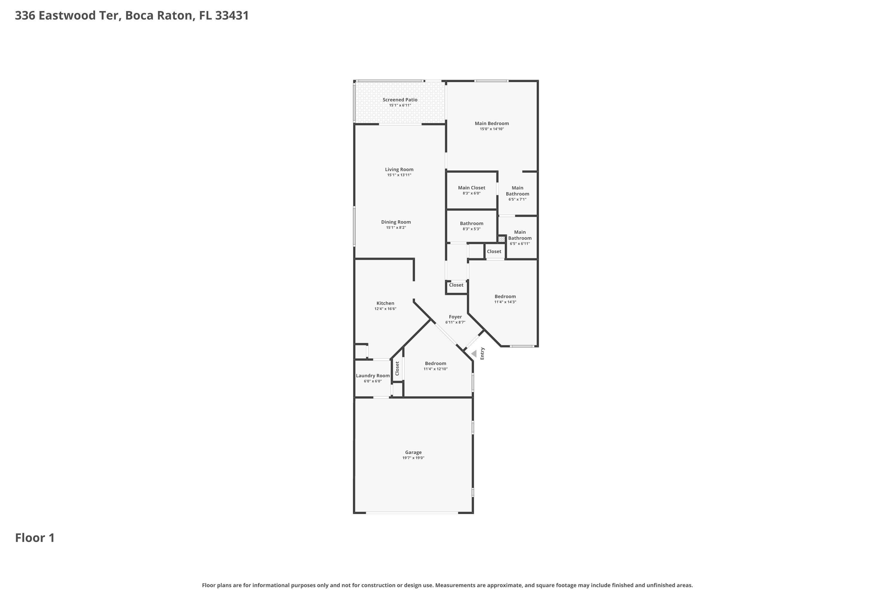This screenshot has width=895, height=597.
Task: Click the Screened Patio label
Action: pos(400,100)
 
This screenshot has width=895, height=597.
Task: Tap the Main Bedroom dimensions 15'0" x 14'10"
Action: pos(492,129)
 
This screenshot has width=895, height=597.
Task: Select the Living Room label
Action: pos(399,170)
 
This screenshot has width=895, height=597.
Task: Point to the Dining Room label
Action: pos(396,222)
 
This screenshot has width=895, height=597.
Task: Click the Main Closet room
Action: pos(471,190)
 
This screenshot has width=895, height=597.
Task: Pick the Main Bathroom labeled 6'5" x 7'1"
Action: pos(517,193)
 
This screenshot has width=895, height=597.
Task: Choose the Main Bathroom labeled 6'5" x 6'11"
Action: pos(519,237)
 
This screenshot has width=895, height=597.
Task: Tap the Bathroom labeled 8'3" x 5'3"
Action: pos(471,226)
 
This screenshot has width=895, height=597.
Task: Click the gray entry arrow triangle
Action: pos(474,354)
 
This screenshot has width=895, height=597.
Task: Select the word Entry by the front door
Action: pos(482,353)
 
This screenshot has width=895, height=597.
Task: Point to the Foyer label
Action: pos(455,317)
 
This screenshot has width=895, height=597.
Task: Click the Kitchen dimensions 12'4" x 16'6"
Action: pos(385,309)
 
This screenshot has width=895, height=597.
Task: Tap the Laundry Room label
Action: pos(373,376)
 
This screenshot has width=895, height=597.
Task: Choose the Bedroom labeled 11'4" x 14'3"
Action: pos(505,299)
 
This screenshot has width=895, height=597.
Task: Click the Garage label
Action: pos(413,452)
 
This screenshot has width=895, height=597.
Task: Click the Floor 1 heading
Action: pos(35,538)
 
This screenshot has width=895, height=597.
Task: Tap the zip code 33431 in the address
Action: pos(232,16)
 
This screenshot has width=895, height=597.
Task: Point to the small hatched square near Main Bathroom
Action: pos(501,239)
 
